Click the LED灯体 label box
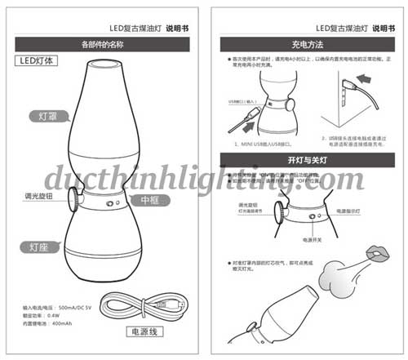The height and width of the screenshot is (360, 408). pos(38,60)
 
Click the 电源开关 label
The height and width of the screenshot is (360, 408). pos(313,241)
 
